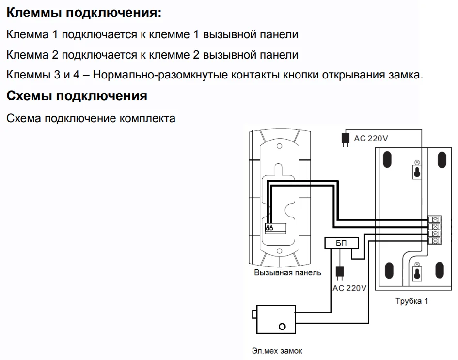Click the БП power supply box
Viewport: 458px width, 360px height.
pos(342,243)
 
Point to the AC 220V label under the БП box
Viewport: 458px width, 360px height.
pos(349,288)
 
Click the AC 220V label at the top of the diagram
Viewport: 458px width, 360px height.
pos(371,138)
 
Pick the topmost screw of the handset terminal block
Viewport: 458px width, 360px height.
pos(435,219)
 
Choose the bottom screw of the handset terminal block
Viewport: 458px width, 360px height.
pos(435,240)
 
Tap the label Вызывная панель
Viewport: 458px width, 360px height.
pos(287,273)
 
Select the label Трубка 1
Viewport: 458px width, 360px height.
pos(411,301)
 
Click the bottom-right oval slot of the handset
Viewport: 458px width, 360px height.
pos(441,272)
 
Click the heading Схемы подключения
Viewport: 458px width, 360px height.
pos(77,96)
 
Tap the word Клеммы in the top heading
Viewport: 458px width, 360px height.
pos(33,13)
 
